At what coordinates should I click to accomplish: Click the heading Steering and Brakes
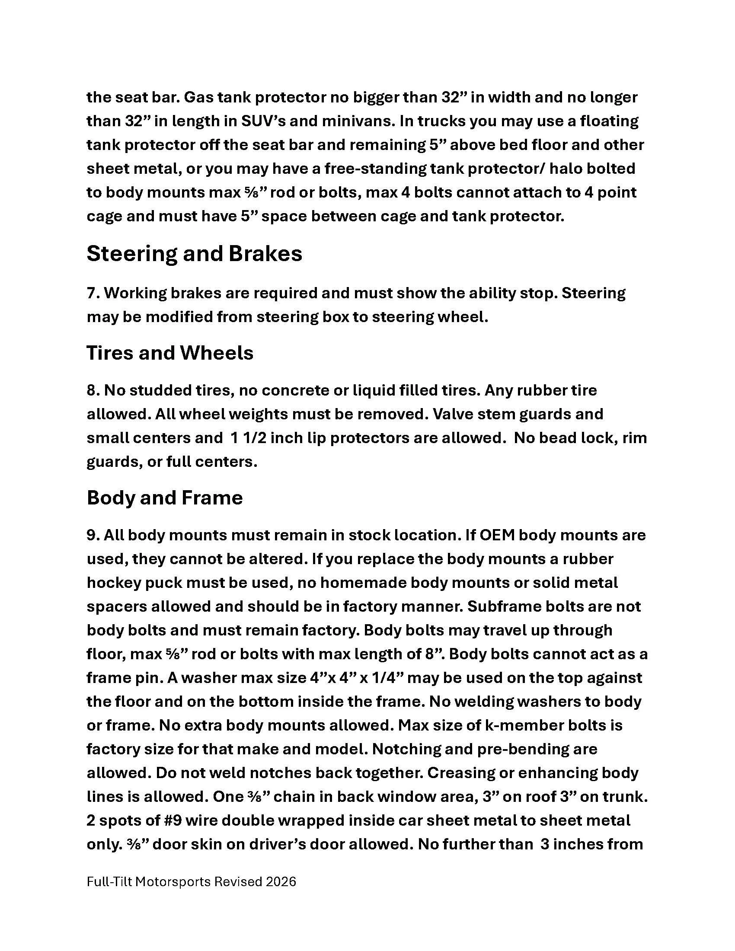coord(194,254)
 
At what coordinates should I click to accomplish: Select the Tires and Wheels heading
coord(170,353)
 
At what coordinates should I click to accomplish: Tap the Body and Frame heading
coord(165,498)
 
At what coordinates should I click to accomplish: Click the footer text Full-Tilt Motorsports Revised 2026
coord(191,882)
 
